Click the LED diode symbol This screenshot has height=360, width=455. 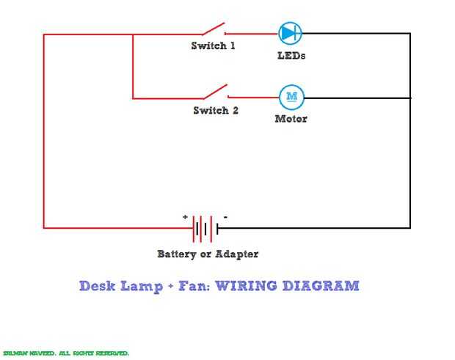[290, 33]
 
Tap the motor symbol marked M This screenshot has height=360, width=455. [291, 96]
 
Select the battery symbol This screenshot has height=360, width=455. [205, 229]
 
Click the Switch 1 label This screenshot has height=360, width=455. [214, 46]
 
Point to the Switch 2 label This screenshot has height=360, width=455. [216, 111]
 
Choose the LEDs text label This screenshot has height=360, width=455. [291, 56]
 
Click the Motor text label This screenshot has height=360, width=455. [291, 119]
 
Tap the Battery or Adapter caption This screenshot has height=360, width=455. [208, 254]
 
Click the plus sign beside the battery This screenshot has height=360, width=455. [186, 217]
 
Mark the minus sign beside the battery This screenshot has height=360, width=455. [225, 217]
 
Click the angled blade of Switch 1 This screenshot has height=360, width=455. [213, 29]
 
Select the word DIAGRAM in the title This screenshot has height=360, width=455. [321, 285]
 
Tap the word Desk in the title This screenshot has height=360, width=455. [95, 285]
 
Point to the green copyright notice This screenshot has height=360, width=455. [66, 353]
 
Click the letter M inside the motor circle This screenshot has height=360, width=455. [291, 96]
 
